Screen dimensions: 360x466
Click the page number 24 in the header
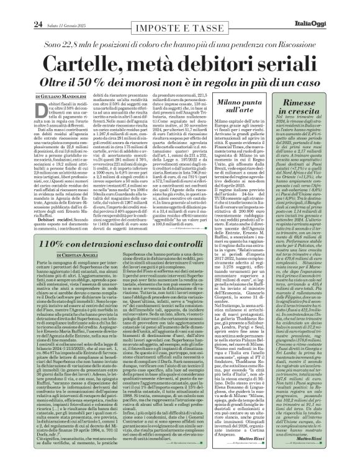pos(20,7)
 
